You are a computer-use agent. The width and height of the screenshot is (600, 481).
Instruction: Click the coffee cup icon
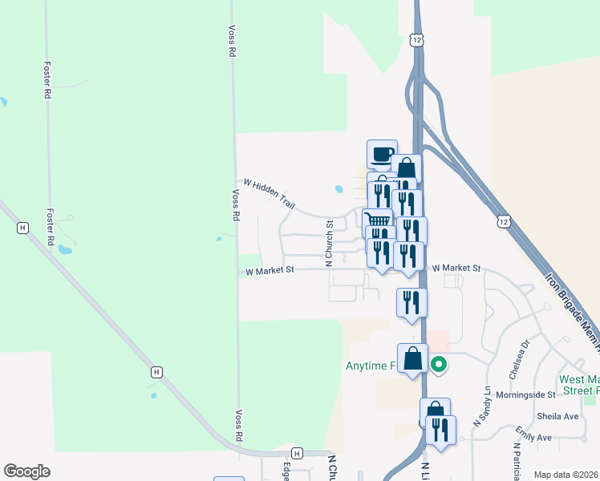click(382, 153)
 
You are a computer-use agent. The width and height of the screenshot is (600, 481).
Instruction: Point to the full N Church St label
click(328, 244)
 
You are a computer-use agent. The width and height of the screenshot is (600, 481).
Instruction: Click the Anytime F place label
click(371, 366)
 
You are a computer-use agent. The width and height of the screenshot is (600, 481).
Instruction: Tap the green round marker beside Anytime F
click(439, 366)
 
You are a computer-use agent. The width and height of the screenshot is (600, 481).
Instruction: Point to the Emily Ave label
click(533, 438)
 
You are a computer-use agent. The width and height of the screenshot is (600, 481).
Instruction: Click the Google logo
click(26, 471)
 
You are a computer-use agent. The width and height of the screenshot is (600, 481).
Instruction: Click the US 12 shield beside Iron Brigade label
click(503, 220)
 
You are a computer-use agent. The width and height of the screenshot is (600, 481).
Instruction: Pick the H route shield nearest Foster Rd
click(22, 228)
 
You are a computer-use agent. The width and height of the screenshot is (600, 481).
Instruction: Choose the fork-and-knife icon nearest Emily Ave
click(440, 429)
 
